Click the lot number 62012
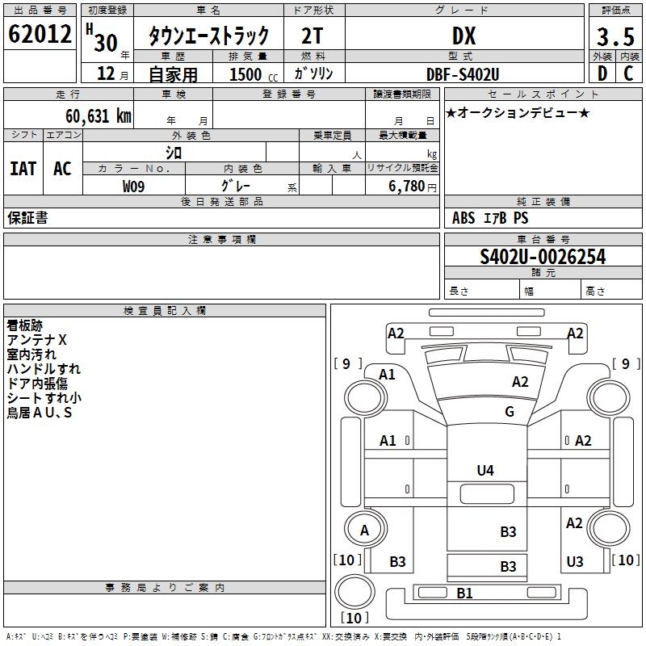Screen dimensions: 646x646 38,35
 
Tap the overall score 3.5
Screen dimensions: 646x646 614,36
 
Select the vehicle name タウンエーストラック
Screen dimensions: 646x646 208,36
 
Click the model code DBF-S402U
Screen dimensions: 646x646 463,74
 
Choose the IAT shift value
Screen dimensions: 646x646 23,168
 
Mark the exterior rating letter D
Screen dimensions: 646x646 602,74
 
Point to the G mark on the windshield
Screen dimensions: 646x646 510,412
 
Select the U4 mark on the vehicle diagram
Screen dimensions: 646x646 484,471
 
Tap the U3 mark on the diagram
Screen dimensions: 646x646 574,561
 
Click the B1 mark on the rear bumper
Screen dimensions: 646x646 464,594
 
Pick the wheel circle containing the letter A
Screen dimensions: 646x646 364,531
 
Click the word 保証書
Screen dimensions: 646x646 27,218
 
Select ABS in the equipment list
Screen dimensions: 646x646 464,218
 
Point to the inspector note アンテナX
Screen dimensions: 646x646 37,340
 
